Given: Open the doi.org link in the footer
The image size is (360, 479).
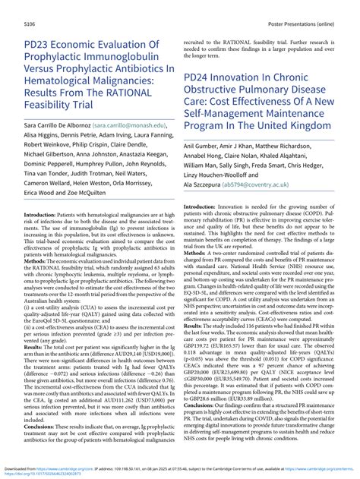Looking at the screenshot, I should point(46,472).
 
